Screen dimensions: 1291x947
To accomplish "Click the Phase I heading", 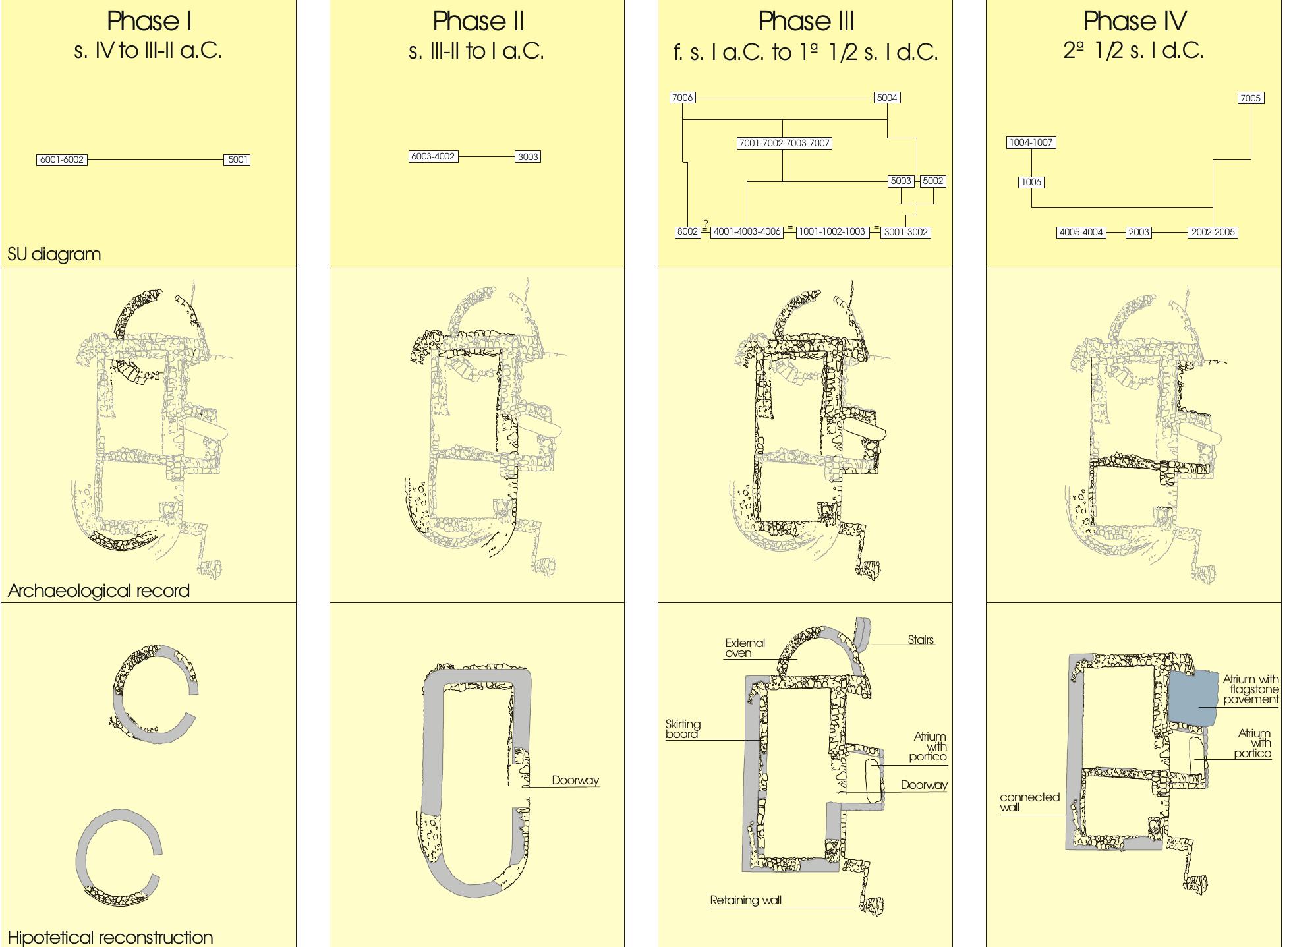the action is point(150,22).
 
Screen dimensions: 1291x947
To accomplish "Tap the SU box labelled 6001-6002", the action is point(62,159).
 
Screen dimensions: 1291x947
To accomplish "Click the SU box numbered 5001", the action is point(237,159).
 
